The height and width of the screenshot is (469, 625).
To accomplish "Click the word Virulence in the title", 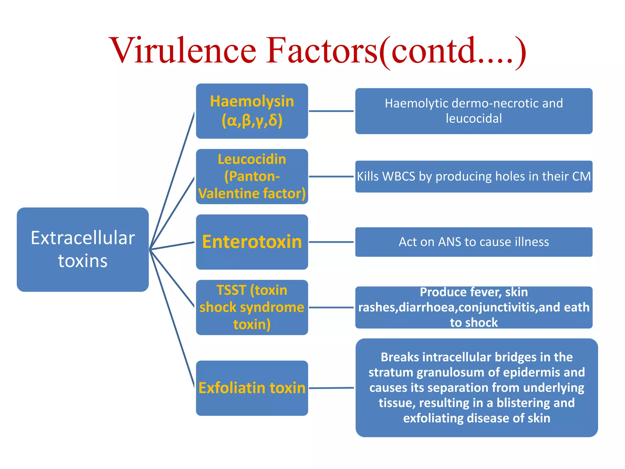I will (183, 50).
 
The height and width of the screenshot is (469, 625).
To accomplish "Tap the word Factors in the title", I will (322, 50).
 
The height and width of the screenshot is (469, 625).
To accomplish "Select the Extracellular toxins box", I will (83, 249).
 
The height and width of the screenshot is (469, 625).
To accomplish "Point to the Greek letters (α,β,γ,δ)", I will (252, 121).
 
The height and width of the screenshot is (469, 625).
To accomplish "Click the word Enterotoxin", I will (252, 242).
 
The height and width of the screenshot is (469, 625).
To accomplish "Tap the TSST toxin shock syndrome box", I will (252, 307).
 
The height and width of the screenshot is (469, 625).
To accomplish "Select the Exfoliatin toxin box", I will (252, 388).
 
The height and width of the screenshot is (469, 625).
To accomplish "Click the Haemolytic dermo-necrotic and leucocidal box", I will (474, 111).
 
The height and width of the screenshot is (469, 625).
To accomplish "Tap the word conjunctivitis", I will (498, 307).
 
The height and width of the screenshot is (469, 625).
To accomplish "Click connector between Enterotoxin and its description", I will (331, 242).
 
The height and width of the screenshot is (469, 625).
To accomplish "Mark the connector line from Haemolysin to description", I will (331, 111).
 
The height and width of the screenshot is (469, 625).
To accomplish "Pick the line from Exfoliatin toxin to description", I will (331, 388).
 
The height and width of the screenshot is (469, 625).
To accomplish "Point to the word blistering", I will (523, 403).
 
